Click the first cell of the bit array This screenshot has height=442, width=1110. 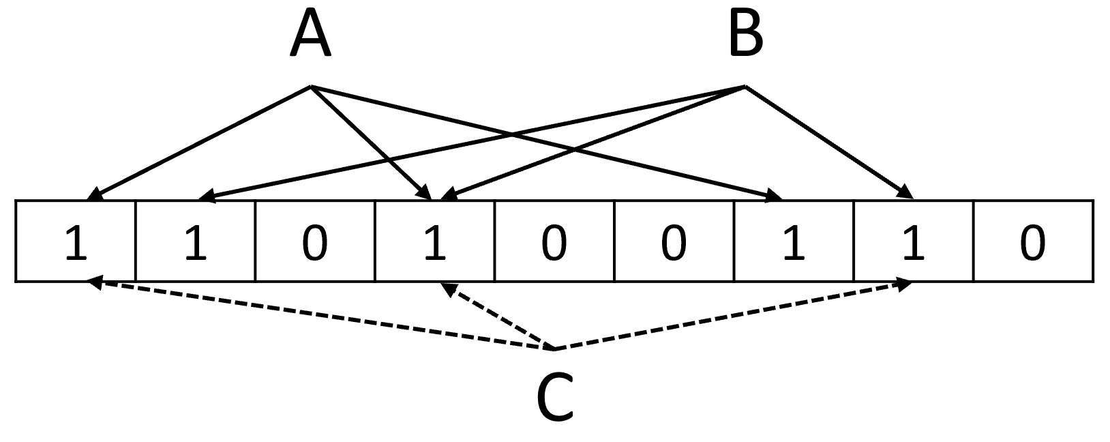coord(76,241)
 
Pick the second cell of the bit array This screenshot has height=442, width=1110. coord(196,241)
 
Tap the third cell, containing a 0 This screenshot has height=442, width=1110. coord(315,241)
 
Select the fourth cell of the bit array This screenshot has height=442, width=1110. coord(434,241)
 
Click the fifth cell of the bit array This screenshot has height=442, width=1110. coord(554,241)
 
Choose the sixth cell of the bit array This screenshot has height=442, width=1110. coord(674,241)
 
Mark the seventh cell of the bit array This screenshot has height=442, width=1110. coord(793,241)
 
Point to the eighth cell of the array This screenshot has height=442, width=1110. coord(913,241)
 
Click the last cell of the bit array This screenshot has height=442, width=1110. coord(1033,241)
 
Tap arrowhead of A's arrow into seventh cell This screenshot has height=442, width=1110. coord(777,197)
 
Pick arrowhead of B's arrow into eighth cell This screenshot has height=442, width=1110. coord(907,194)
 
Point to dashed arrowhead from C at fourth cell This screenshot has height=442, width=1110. coord(449,289)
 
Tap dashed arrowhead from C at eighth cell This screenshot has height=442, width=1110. coord(907,284)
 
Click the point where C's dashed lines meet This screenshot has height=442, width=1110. coord(554,349)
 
